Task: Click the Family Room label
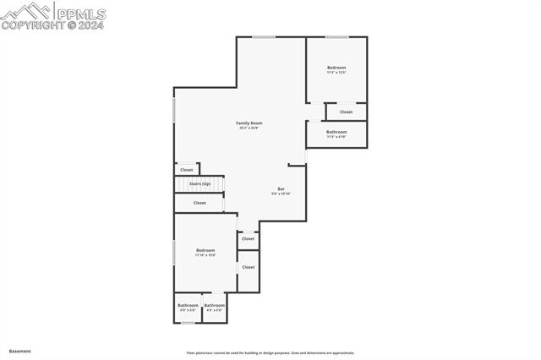pos(249,123)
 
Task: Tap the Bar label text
pos(281,188)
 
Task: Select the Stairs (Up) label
pos(199,183)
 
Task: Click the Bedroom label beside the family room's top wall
pos(336,68)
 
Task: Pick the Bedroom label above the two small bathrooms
pos(205,250)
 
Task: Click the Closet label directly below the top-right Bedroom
pos(346,112)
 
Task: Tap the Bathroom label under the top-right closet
pos(336,132)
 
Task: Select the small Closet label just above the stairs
pos(186,170)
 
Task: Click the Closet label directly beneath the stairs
pos(199,203)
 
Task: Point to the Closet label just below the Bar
pos(248,239)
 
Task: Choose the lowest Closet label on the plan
pos(248,267)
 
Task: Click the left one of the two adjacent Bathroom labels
pos(188,305)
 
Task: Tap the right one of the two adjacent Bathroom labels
pos(215,305)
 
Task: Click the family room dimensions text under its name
pos(249,128)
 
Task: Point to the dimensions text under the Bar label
pos(281,194)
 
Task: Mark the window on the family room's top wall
pos(264,36)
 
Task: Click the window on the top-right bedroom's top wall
pos(337,36)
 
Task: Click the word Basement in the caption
pos(20,351)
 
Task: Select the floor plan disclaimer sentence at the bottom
pos(270,353)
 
